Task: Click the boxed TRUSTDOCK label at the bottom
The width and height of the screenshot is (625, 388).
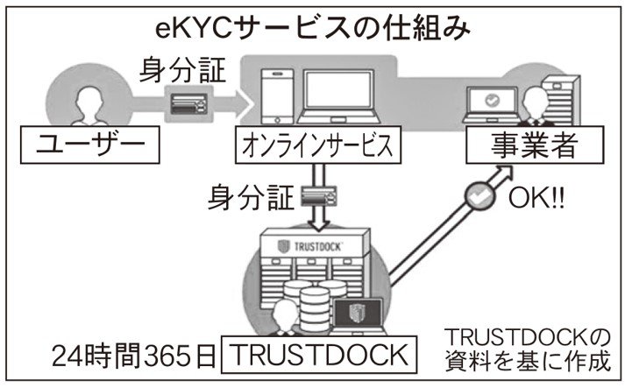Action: point(316,355)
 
